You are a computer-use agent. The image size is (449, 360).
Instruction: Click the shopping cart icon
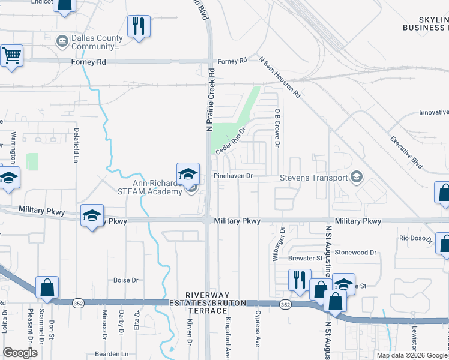(x=11, y=56)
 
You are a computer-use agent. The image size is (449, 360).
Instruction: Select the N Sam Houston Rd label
(x=280, y=77)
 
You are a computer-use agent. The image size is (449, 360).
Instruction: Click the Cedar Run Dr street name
(x=231, y=139)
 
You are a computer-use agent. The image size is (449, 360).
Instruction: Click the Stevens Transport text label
(x=314, y=178)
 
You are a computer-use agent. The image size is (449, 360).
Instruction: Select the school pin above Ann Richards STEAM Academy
(x=188, y=174)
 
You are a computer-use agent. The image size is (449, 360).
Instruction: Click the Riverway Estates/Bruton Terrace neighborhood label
(x=215, y=299)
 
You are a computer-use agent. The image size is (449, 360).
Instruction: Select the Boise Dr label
(x=126, y=280)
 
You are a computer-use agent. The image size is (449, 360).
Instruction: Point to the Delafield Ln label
(x=76, y=145)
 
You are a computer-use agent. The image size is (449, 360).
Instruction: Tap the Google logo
(x=20, y=353)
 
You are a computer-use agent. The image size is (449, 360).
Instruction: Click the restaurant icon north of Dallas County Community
(x=139, y=26)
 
